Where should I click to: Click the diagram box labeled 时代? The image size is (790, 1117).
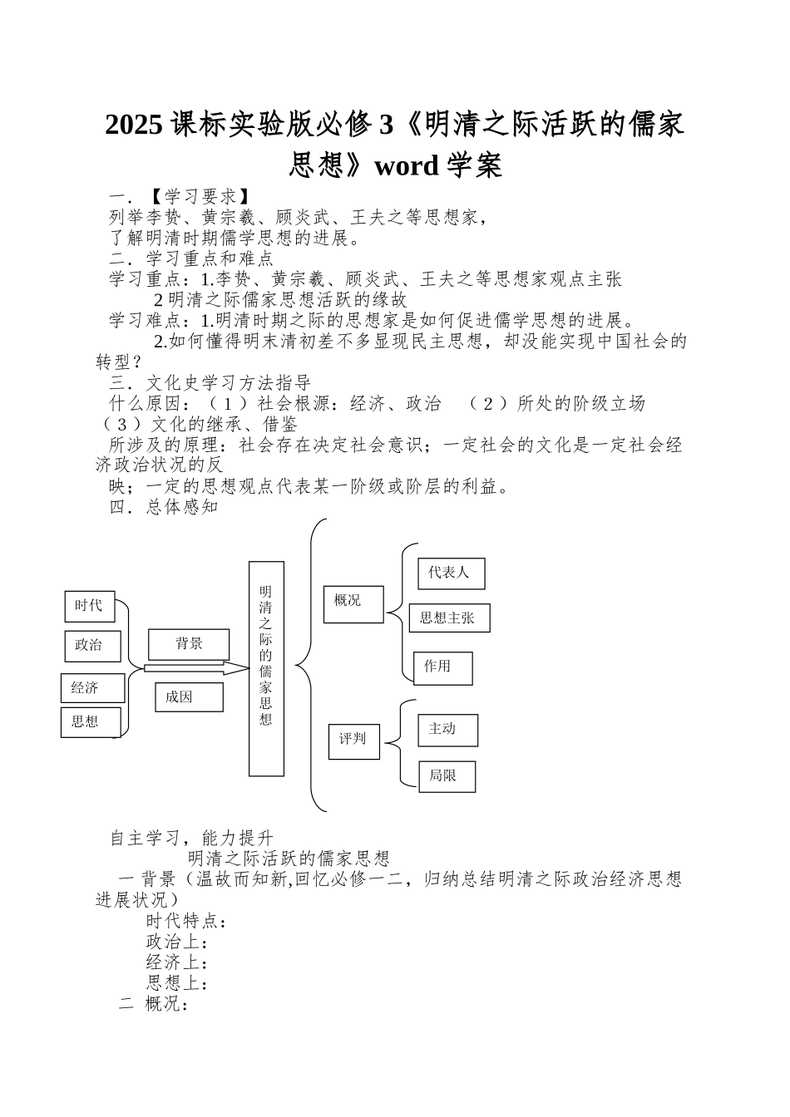point(90,607)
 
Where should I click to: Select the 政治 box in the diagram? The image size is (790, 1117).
point(92,646)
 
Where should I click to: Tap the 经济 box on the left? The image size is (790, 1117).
point(92,688)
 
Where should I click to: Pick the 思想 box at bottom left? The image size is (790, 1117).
point(91,721)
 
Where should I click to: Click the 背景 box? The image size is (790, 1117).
point(189,644)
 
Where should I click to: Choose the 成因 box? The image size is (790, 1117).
point(189,697)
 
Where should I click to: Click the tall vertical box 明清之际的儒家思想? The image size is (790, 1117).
point(266,668)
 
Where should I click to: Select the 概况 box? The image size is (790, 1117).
point(353,603)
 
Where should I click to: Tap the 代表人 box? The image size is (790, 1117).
point(451,573)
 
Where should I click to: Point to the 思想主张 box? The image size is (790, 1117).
point(449,618)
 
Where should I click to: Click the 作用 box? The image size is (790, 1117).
point(442,667)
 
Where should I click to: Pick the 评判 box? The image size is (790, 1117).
point(353,739)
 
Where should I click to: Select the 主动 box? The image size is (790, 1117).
point(447,730)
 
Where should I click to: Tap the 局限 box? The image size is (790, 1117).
point(447,776)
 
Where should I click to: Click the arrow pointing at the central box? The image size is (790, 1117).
point(197,668)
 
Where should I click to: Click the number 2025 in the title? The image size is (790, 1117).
point(135,125)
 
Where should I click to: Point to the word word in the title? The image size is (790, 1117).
point(406,166)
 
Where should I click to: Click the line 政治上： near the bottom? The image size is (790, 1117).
point(176,942)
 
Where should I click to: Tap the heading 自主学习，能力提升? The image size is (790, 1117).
point(192,838)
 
